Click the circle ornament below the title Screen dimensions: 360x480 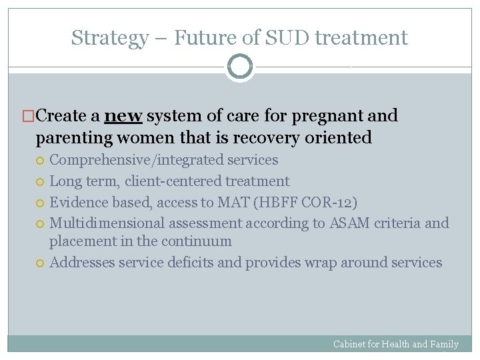click(x=239, y=67)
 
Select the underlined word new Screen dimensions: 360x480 click(x=123, y=116)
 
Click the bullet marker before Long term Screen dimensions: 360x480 click(x=42, y=182)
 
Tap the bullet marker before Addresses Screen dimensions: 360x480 click(x=42, y=263)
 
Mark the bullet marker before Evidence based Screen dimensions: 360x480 click(x=42, y=203)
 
